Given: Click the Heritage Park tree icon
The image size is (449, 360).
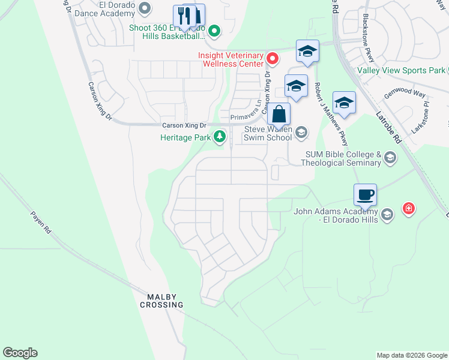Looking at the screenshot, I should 220,137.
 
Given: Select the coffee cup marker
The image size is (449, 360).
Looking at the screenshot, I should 365,196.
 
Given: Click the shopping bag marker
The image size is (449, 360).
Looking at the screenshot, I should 279,114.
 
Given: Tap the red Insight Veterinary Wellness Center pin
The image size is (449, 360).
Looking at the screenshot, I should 273,58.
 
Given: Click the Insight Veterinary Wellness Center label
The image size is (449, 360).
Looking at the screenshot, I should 231,59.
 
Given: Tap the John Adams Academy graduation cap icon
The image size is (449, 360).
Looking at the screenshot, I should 387,215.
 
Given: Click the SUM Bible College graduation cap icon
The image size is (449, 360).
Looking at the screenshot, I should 390,158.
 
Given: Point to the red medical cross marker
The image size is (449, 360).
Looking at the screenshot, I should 409,209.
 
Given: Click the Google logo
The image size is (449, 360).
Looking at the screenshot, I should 20,353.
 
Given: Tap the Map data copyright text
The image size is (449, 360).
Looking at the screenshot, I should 411,355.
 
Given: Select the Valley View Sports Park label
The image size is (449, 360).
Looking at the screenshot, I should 400,70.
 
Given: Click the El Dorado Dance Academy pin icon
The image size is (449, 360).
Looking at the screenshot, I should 144,8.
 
